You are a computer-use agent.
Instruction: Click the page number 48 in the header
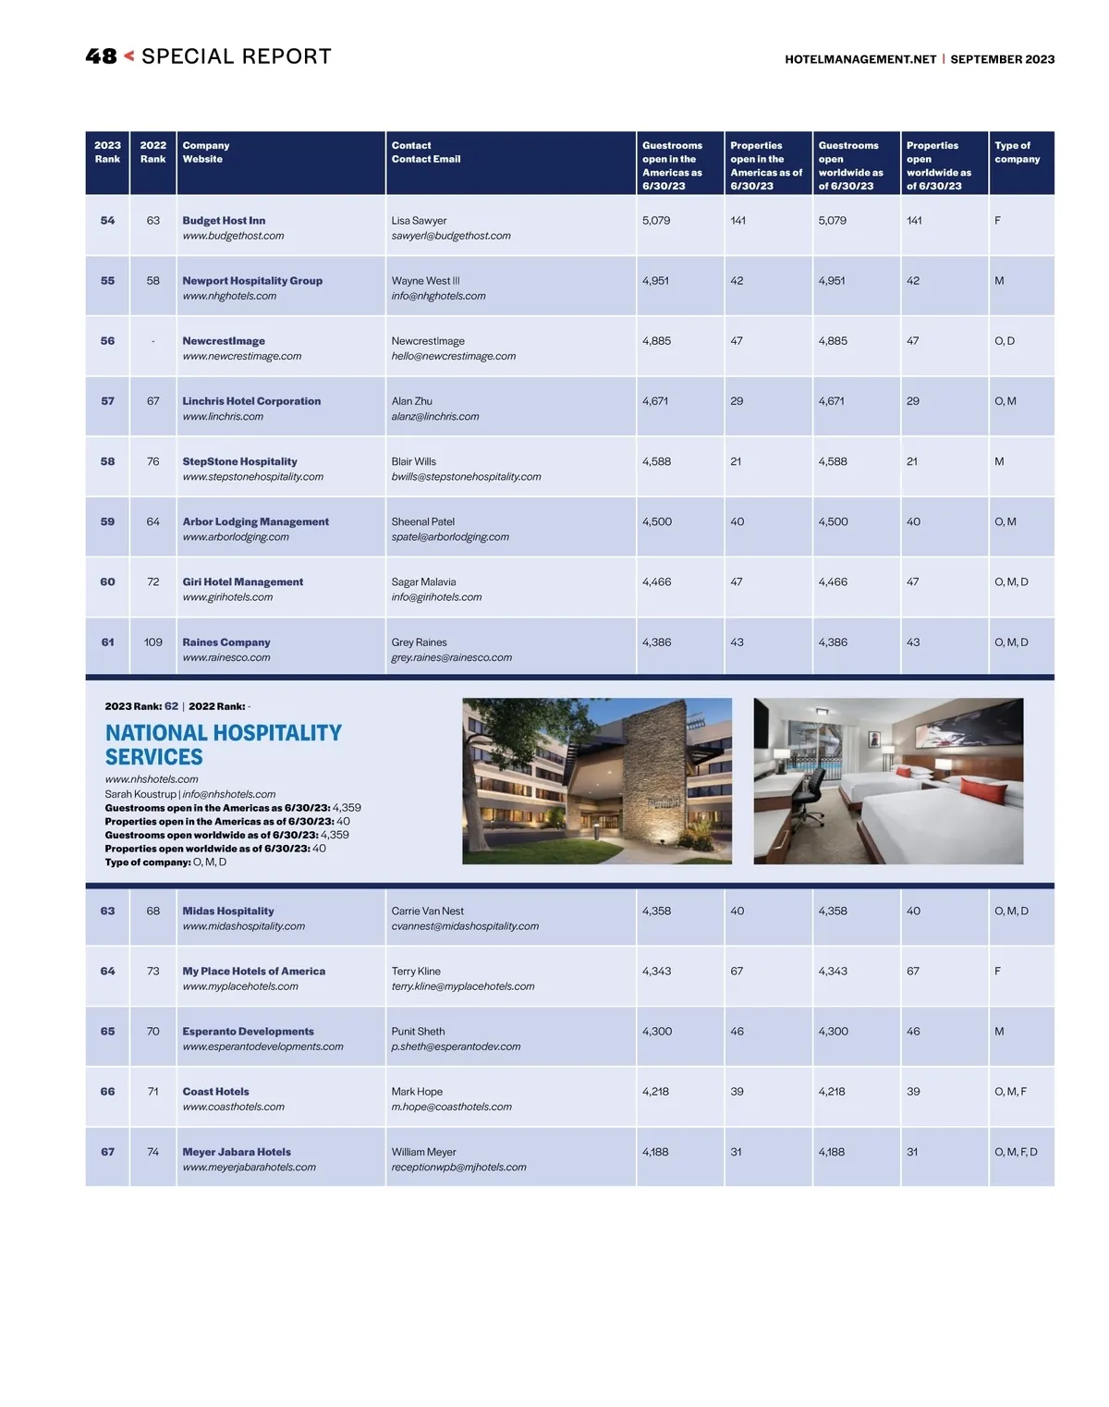coord(101,56)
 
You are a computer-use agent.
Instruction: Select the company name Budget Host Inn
coord(224,221)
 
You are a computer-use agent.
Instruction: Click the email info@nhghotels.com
coord(438,296)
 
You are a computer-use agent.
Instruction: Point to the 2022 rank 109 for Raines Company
coord(153,642)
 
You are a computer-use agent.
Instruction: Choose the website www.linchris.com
coord(223,417)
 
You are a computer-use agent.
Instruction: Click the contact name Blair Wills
coord(413,462)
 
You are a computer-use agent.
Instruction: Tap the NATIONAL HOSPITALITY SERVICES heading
coord(223,745)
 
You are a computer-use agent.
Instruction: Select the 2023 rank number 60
coord(108,582)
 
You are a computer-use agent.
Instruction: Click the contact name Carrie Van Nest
coord(427,911)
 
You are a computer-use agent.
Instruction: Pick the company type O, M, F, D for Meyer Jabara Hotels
coord(1016,1153)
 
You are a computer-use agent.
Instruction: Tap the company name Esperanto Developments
coord(248,1032)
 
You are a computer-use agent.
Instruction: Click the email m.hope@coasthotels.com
coord(451,1107)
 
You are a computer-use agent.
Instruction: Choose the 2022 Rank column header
coord(153,153)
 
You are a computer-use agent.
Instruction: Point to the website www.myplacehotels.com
coord(240,987)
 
